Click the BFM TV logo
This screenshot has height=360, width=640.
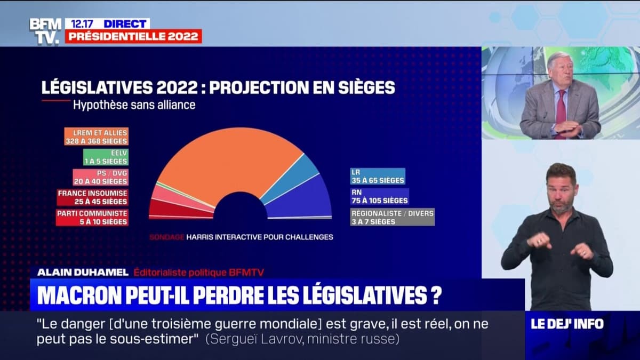45,31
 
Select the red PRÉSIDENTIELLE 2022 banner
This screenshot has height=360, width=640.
133,36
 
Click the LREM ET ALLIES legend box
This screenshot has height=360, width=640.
96,137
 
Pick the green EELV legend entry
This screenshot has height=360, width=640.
106,157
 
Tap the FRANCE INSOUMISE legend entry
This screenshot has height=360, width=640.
93,197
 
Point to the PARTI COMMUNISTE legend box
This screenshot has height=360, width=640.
93,217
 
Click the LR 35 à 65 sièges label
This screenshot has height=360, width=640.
378,177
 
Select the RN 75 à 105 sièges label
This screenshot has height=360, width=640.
379,196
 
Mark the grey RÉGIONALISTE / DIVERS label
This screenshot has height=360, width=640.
393,217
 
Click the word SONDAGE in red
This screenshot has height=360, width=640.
166,237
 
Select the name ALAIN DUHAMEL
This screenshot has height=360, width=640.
83,273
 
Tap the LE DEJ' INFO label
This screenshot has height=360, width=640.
567,324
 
